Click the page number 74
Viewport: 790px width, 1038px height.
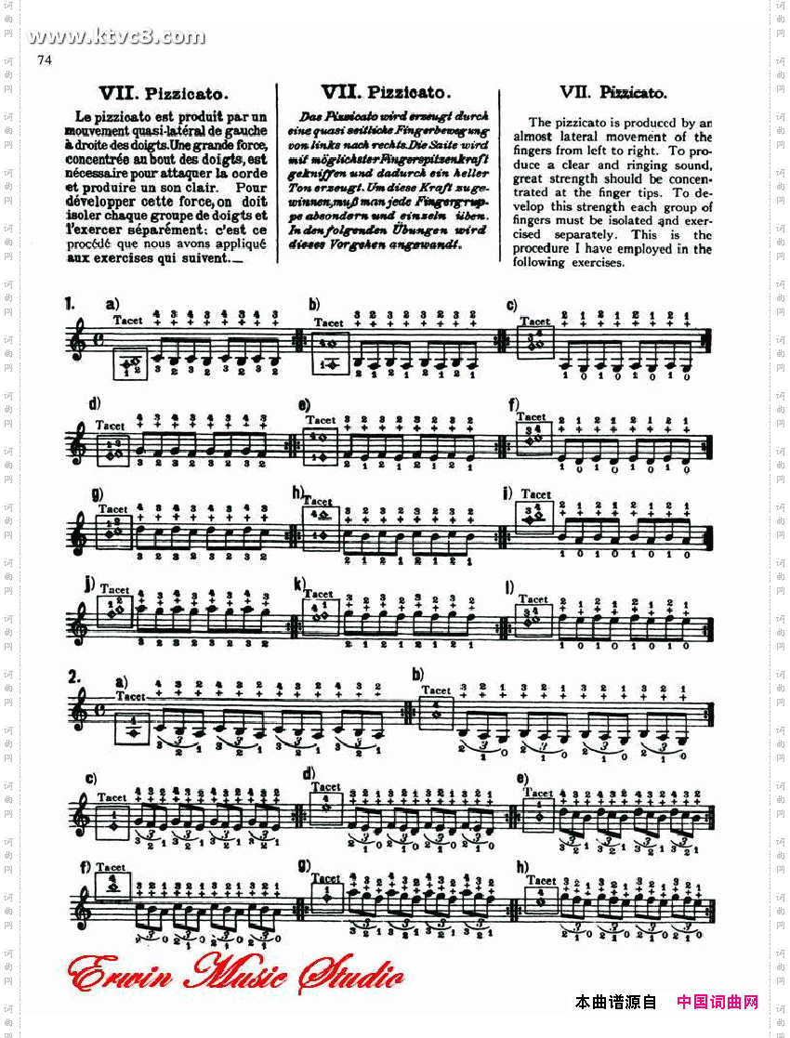pos(44,60)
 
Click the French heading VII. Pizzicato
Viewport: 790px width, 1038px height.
pos(164,94)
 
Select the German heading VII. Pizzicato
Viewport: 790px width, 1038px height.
pos(386,92)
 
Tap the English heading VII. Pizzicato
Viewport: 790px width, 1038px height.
pos(612,92)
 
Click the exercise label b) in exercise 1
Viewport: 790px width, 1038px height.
pos(314,304)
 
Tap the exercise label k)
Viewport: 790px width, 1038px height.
pos(300,583)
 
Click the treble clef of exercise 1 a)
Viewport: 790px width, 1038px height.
pos(79,341)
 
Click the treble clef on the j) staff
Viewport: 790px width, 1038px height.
pos(80,620)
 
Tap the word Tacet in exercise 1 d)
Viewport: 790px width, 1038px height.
pos(112,425)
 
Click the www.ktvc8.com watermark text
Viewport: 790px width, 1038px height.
pos(116,37)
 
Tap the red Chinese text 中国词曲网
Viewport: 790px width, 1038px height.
pos(717,1002)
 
